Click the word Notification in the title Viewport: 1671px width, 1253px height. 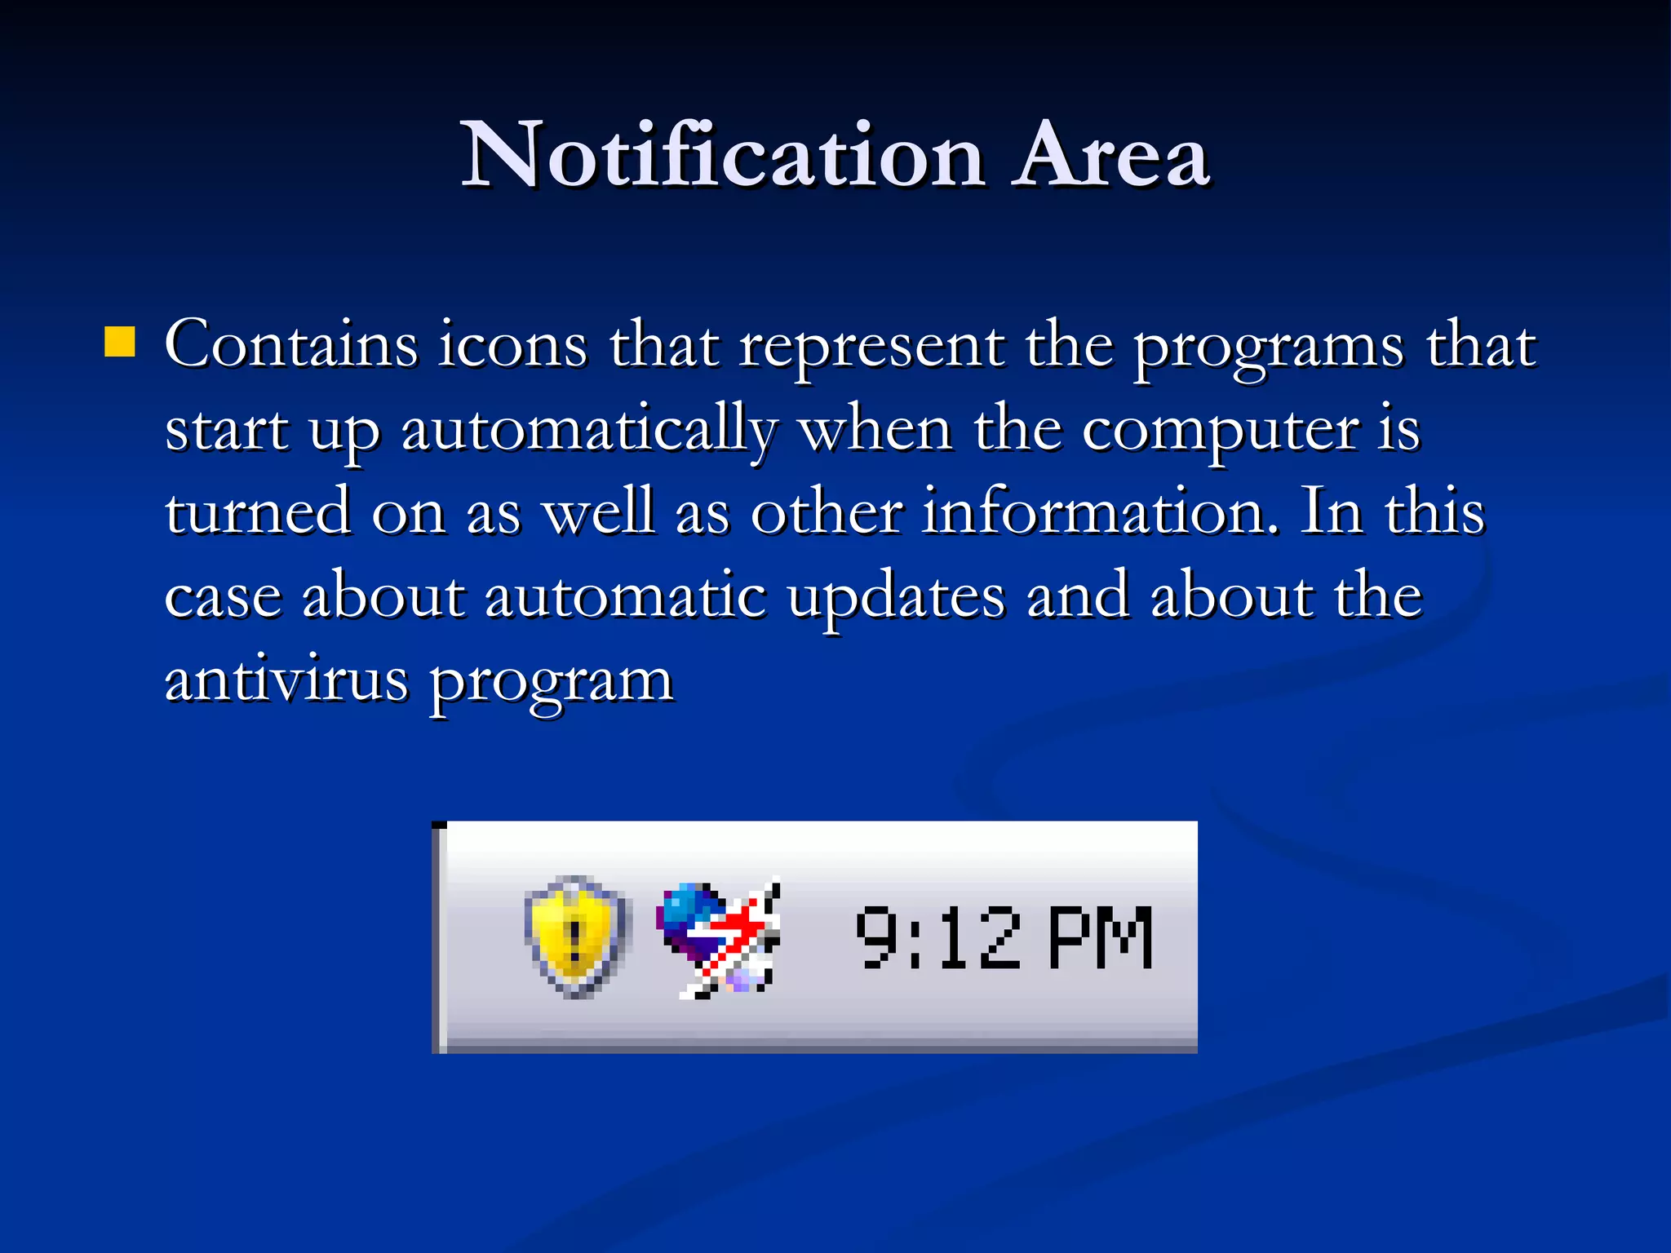click(x=723, y=155)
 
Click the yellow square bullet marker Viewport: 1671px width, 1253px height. click(x=120, y=342)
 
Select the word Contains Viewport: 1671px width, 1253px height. click(x=291, y=345)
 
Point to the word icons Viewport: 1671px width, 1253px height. click(x=512, y=345)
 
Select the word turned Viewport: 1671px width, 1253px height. click(x=258, y=512)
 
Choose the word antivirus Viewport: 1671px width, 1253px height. click(x=286, y=680)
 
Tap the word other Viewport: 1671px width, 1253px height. click(x=826, y=512)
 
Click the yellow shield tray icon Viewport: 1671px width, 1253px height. click(x=576, y=936)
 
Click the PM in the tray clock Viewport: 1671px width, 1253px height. click(x=1100, y=938)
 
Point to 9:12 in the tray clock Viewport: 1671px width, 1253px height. click(x=938, y=938)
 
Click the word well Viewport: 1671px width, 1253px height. click(x=600, y=512)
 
